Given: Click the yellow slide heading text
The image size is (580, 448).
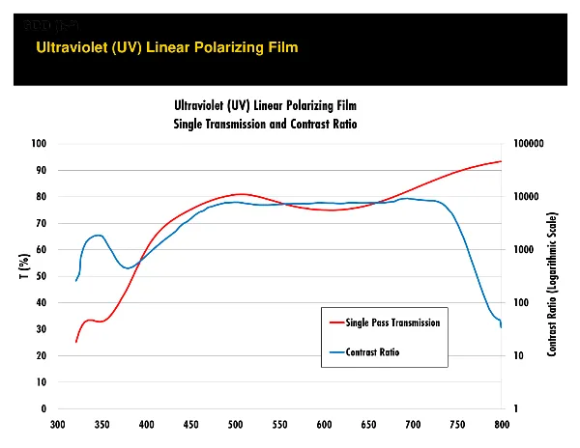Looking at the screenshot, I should pos(166,46).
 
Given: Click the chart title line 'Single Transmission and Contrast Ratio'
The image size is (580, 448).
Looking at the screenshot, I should pos(265,125).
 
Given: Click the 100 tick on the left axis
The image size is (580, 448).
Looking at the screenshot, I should pos(40,144).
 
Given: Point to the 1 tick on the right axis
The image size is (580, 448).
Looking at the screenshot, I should pos(520,409).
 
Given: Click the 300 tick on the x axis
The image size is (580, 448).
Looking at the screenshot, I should pos(58,424).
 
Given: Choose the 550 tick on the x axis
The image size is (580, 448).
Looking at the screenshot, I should pos(279,424).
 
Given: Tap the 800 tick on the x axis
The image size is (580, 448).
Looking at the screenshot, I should pos(502,424).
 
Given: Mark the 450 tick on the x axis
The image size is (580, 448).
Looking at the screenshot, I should pos(191,424).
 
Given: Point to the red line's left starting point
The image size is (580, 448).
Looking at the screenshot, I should pos(76,341).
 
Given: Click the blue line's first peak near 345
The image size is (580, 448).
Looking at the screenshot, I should pos(98,236).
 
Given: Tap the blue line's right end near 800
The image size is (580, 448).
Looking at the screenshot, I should pos(502,327).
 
